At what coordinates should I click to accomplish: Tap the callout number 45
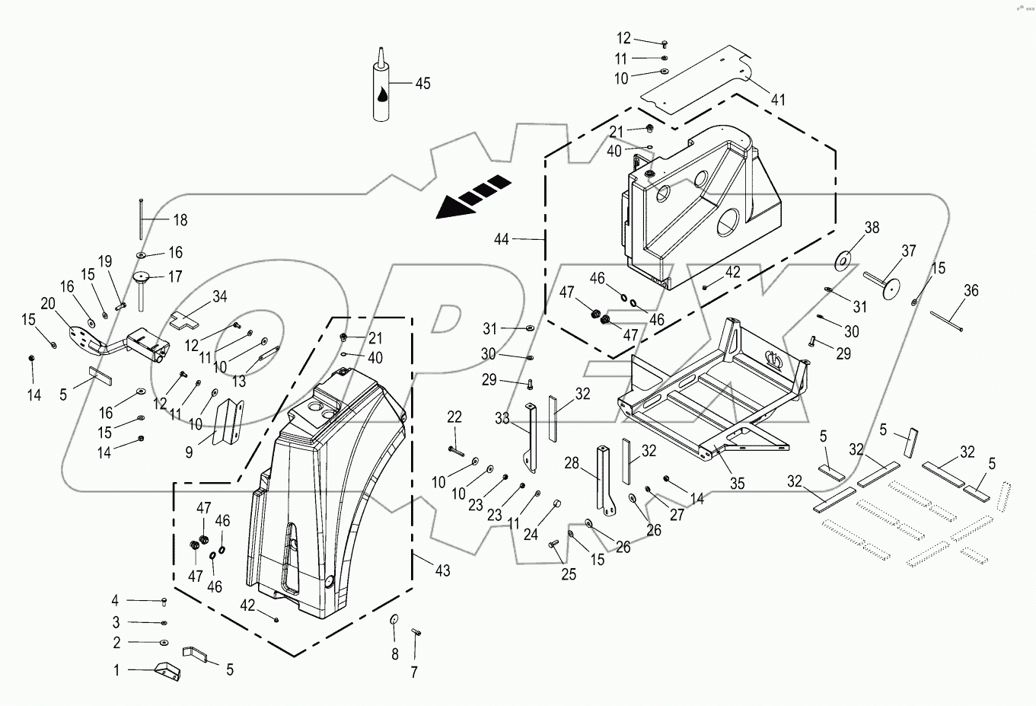coord(422,83)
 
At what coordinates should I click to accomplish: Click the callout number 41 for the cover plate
coord(777,100)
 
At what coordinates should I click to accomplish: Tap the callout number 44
coord(501,239)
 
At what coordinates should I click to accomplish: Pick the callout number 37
coord(908,251)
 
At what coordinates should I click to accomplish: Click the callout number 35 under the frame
coord(736,483)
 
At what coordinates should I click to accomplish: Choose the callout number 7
coord(414,672)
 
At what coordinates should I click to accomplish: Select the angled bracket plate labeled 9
coord(228,421)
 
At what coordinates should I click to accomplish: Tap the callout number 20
coord(47,303)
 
